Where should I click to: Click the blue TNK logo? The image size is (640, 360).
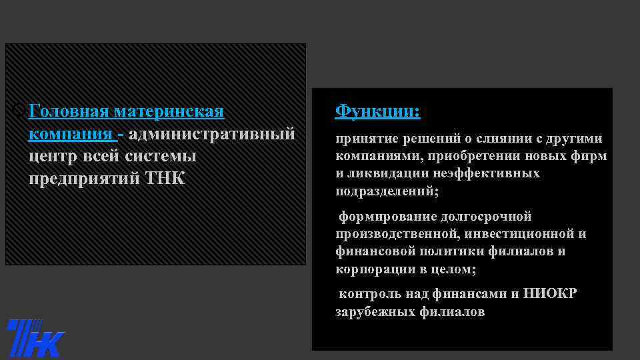[x=35, y=338]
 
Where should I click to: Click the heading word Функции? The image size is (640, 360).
[x=377, y=111]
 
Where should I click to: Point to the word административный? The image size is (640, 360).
[x=212, y=134]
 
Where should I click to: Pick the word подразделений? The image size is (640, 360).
[x=387, y=191]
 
